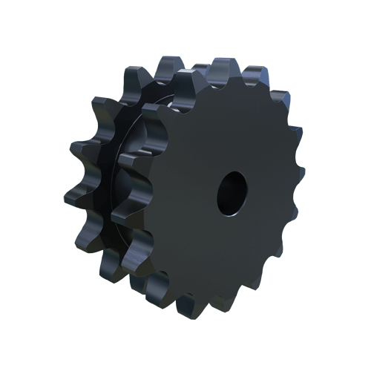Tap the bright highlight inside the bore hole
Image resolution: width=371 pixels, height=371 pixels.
point(237,194)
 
